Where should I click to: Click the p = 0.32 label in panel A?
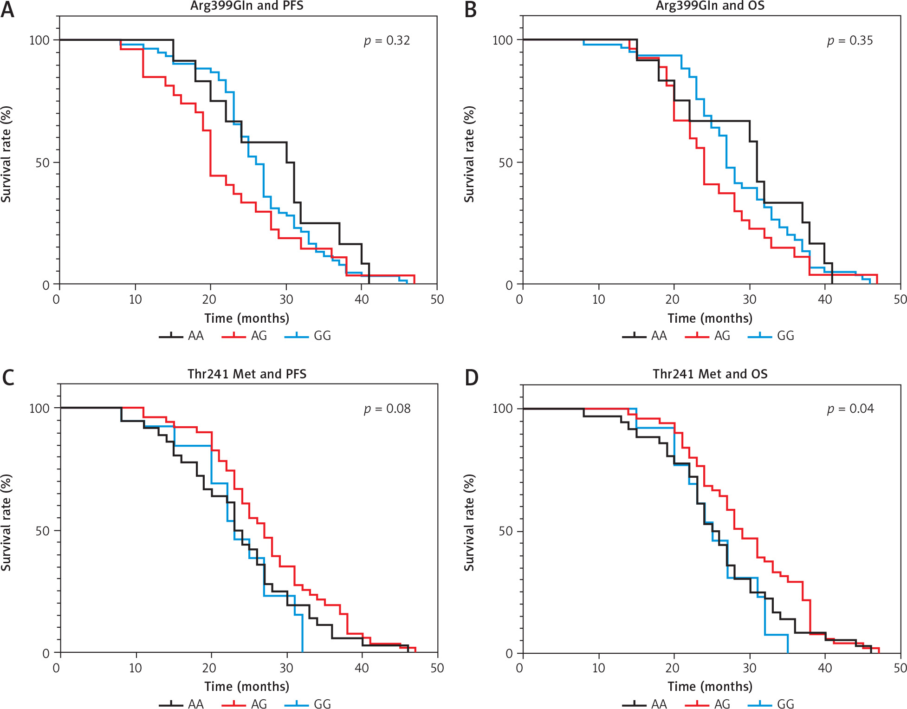pyautogui.click(x=387, y=41)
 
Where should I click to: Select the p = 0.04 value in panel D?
pyautogui.click(x=850, y=409)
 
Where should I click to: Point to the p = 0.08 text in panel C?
pyautogui.click(x=387, y=409)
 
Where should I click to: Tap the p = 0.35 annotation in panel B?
pyautogui.click(x=850, y=41)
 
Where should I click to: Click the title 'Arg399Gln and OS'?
pyautogui.click(x=710, y=6)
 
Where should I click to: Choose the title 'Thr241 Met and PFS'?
pyautogui.click(x=247, y=374)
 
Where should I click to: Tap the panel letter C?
pyautogui.click(x=8, y=377)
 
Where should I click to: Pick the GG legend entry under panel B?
pyautogui.click(x=772, y=336)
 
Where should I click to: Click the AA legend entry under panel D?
pyautogui.click(x=645, y=704)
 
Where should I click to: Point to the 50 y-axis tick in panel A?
pyautogui.click(x=42, y=163)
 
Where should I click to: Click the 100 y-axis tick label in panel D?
pyautogui.click(x=502, y=409)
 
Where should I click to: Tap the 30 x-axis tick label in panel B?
pyautogui.click(x=750, y=299)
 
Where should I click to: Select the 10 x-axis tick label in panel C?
pyautogui.click(x=136, y=668)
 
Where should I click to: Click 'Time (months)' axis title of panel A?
pyautogui.click(x=246, y=319)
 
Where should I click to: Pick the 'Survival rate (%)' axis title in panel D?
pyautogui.click(x=469, y=522)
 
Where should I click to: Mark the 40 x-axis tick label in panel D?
pyautogui.click(x=825, y=668)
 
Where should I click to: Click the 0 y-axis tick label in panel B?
pyautogui.click(x=509, y=285)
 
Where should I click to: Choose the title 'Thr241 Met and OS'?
pyautogui.click(x=710, y=374)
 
